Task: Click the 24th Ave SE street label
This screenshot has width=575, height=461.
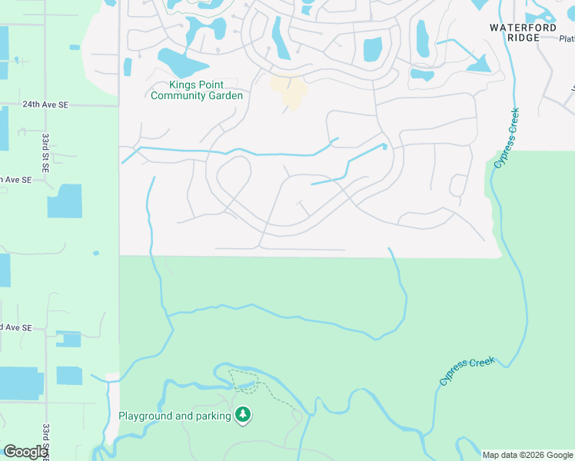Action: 45,103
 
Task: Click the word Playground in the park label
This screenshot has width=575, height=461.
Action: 147,416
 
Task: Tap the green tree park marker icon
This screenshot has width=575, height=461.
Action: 243,416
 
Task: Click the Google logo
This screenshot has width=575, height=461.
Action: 25,452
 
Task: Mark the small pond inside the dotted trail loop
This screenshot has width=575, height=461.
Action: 244,384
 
